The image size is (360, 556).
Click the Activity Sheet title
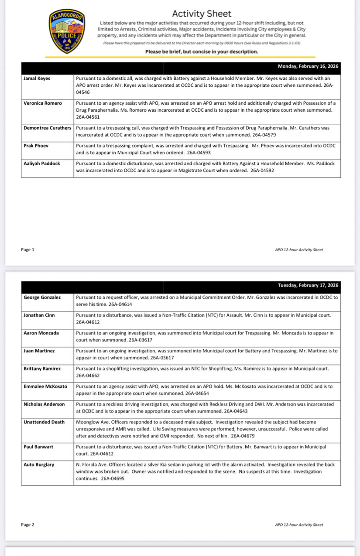point(202,14)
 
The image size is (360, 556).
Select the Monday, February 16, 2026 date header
point(308,67)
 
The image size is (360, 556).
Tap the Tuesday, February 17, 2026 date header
point(308,285)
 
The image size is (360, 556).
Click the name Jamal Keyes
point(37,78)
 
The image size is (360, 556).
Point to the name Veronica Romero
point(43,103)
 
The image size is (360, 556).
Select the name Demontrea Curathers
point(47,128)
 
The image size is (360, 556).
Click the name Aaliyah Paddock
point(42,164)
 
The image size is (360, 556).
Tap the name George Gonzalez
point(42,297)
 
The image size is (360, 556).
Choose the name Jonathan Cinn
point(39,315)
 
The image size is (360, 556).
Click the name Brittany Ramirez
point(42,368)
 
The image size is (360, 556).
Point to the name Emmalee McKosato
point(45,386)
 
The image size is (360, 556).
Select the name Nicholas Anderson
point(44,404)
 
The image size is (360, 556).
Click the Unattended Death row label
point(44,422)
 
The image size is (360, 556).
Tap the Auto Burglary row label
point(39,465)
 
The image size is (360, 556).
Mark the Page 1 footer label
point(27,250)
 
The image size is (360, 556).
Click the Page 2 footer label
point(27,525)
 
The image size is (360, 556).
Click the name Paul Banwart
point(38,447)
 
